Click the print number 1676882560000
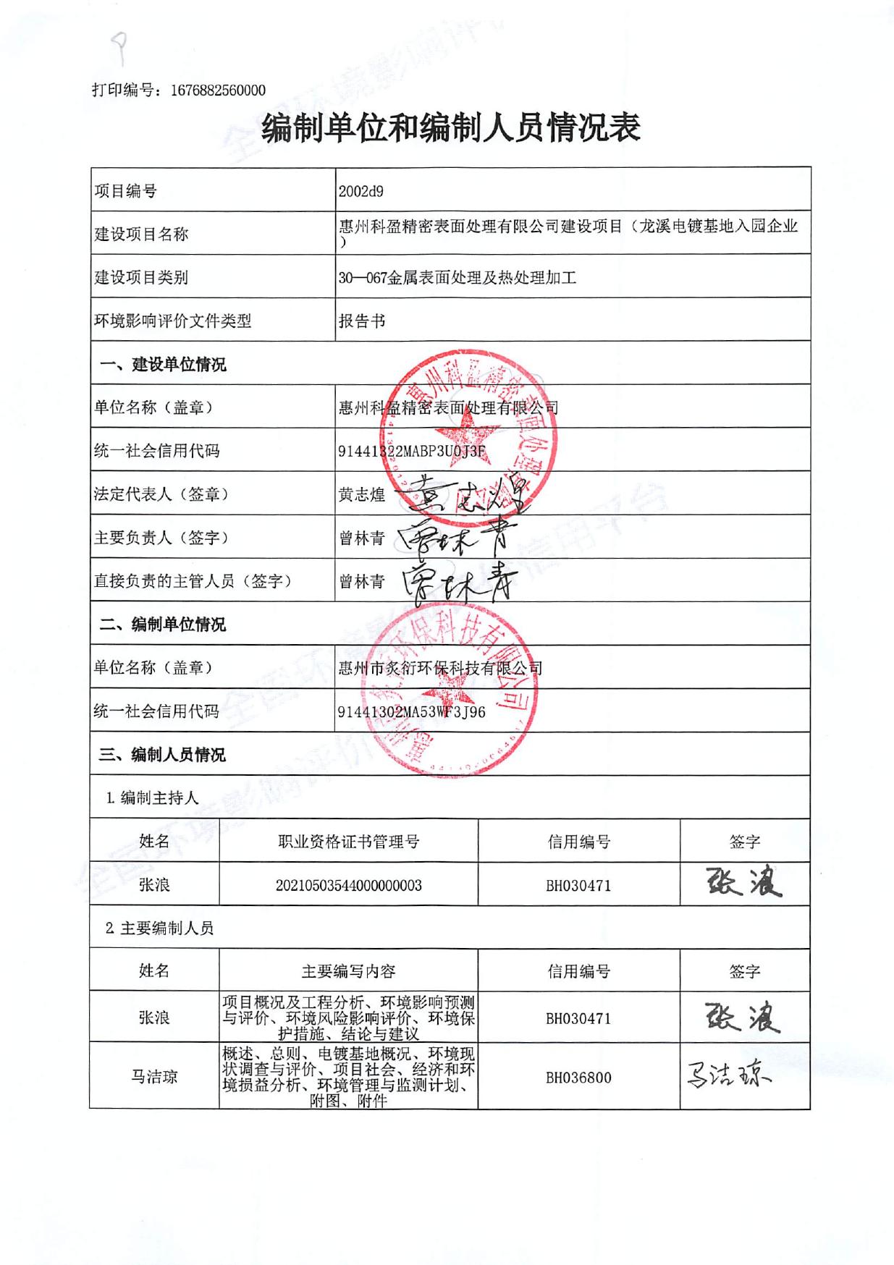pos(218,90)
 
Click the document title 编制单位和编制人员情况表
pos(450,129)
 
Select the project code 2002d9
pos(361,192)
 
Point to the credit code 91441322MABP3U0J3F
pos(411,452)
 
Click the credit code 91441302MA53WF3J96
pos(411,712)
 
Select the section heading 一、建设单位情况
pos(162,365)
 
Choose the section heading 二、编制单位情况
pos(162,625)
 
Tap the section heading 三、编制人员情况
pos(162,755)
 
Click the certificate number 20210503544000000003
pos(348,886)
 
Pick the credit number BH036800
pos(578,1078)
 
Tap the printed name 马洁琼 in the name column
pos(154,1077)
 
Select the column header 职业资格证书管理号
pos(348,842)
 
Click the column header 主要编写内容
pos(348,971)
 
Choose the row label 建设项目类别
pos(141,277)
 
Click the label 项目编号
pos(125,192)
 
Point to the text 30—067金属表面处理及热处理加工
pos(457,277)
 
